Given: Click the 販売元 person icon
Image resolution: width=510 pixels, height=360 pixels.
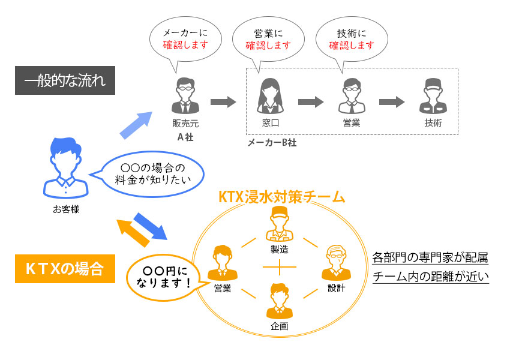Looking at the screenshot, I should coord(185,96).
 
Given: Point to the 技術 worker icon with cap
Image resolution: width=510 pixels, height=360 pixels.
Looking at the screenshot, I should coord(433,96).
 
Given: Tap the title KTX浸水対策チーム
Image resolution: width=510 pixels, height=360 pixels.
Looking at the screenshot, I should coord(281,196).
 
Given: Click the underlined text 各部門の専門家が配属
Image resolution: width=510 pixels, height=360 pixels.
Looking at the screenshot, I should coord(430,259).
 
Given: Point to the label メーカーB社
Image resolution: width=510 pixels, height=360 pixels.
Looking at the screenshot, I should coord(272,143).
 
